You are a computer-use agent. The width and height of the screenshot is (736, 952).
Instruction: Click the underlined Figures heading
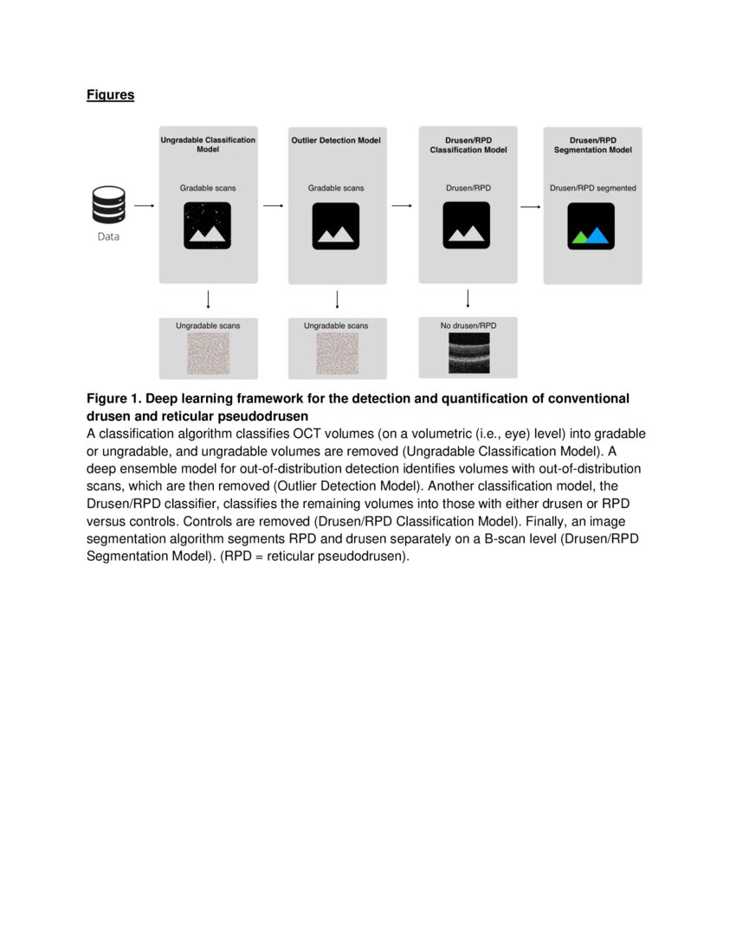(x=110, y=95)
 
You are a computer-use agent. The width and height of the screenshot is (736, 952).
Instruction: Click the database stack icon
(x=108, y=206)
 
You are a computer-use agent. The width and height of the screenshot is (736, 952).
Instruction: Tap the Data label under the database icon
(x=108, y=236)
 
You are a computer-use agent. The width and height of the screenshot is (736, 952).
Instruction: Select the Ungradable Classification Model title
(x=208, y=145)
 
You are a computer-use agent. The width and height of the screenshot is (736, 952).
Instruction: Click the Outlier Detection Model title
(x=336, y=140)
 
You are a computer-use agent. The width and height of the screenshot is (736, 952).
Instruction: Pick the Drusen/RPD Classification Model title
(x=468, y=145)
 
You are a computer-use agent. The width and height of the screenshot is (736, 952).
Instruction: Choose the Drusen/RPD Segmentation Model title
(x=592, y=145)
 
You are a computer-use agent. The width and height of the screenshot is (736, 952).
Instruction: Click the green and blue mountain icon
(x=591, y=227)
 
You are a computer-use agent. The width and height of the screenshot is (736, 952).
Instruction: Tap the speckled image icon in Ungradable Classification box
(x=208, y=226)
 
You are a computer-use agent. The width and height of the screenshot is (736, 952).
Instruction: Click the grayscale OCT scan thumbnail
(x=468, y=354)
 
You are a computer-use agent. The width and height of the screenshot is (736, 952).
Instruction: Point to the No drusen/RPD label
(x=468, y=325)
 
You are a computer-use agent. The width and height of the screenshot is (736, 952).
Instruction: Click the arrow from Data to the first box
(x=145, y=206)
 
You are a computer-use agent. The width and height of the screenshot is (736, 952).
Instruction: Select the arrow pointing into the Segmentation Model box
(x=530, y=207)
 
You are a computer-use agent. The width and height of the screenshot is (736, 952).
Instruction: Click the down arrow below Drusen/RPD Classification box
(x=468, y=299)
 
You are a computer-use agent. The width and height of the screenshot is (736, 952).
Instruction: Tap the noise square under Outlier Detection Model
(x=337, y=354)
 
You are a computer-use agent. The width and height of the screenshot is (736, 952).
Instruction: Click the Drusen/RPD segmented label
(x=592, y=188)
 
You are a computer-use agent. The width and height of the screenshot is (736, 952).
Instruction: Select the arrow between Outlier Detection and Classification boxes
(x=401, y=206)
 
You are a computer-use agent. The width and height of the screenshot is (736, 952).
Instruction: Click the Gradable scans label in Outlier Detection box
(x=336, y=188)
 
